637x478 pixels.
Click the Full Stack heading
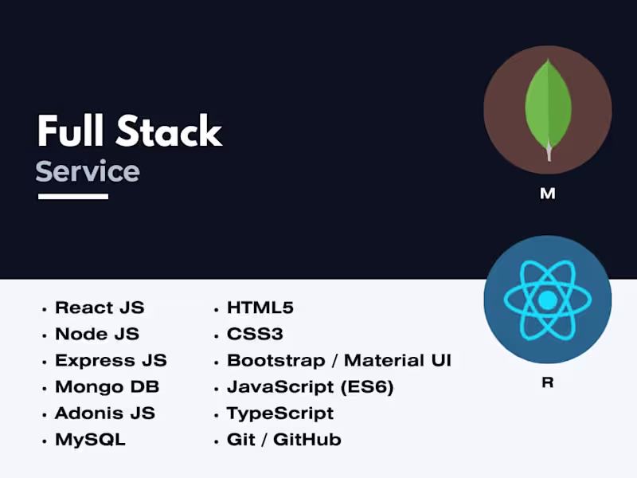click(x=129, y=131)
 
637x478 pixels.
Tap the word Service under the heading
click(x=88, y=171)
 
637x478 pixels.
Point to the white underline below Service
click(x=72, y=196)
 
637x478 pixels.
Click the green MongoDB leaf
click(x=547, y=104)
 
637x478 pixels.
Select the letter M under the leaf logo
click(x=547, y=194)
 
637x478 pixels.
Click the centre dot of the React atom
click(x=547, y=300)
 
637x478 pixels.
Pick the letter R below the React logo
click(x=547, y=382)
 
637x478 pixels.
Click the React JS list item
click(x=100, y=308)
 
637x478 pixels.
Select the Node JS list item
click(x=96, y=334)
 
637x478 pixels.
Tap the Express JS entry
click(x=111, y=360)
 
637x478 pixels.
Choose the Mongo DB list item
click(x=107, y=386)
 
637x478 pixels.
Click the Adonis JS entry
click(x=104, y=413)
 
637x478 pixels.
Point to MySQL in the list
click(x=90, y=439)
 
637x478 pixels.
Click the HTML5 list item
click(x=260, y=308)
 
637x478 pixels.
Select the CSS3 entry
click(x=255, y=334)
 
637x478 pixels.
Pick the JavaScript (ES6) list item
click(x=310, y=387)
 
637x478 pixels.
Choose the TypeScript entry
click(x=280, y=413)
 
